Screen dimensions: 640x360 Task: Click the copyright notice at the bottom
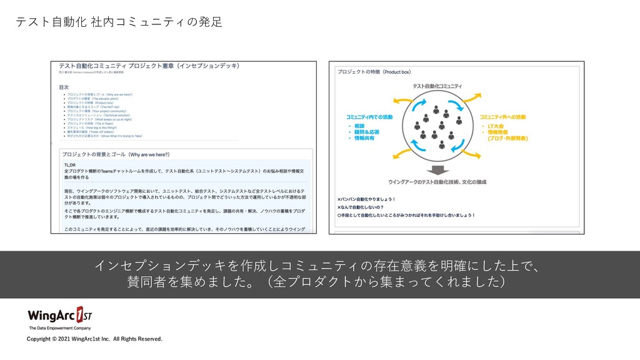pos(94,339)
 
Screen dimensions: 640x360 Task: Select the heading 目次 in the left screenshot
pos(65,87)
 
